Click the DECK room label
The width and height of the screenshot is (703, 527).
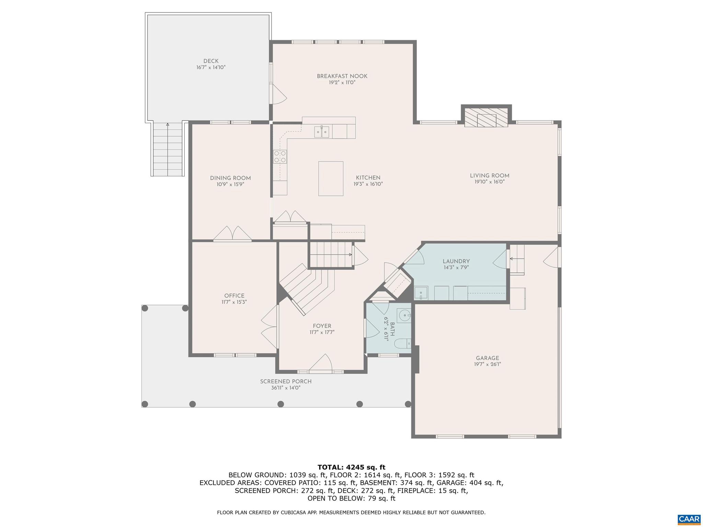click(x=211, y=61)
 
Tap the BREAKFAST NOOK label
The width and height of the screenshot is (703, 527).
click(x=342, y=76)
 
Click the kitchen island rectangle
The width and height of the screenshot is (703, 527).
click(x=331, y=178)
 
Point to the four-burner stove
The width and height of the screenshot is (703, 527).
click(x=280, y=156)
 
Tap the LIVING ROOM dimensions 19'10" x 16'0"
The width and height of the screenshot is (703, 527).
click(x=489, y=182)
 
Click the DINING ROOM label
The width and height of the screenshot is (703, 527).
click(x=230, y=178)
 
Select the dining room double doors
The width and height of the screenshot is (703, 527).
click(x=233, y=233)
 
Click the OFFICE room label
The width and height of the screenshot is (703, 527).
click(x=234, y=296)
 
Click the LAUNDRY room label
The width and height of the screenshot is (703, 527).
click(x=456, y=261)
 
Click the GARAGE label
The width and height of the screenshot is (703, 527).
click(x=487, y=358)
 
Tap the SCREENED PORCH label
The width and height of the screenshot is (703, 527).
click(x=286, y=382)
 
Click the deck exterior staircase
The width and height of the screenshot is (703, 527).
click(x=168, y=149)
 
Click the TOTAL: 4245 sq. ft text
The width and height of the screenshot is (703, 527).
click(x=351, y=467)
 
